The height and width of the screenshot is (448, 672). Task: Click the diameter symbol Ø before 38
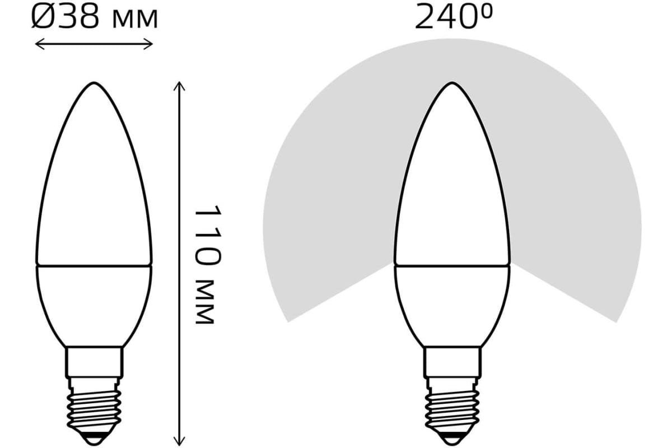44,17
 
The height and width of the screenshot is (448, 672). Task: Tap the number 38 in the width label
78,17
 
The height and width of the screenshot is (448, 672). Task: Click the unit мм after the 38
134,20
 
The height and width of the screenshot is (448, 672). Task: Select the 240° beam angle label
453,17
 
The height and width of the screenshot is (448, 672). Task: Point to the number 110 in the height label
208,236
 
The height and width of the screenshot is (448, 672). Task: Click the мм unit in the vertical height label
205,302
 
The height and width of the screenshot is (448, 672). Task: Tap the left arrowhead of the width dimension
40,44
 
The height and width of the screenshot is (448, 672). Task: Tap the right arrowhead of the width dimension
148,44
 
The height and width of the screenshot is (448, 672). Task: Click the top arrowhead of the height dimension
179,86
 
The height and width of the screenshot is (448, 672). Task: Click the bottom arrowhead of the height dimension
179,441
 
